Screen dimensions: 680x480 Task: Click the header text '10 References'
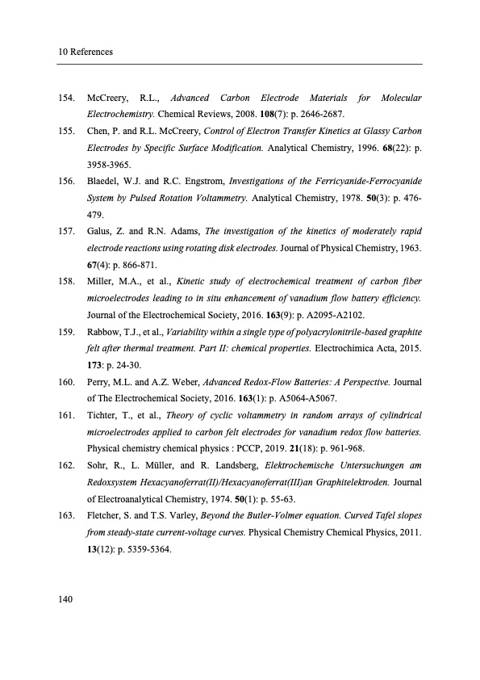click(85, 52)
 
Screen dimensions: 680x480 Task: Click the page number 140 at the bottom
click(66, 598)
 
